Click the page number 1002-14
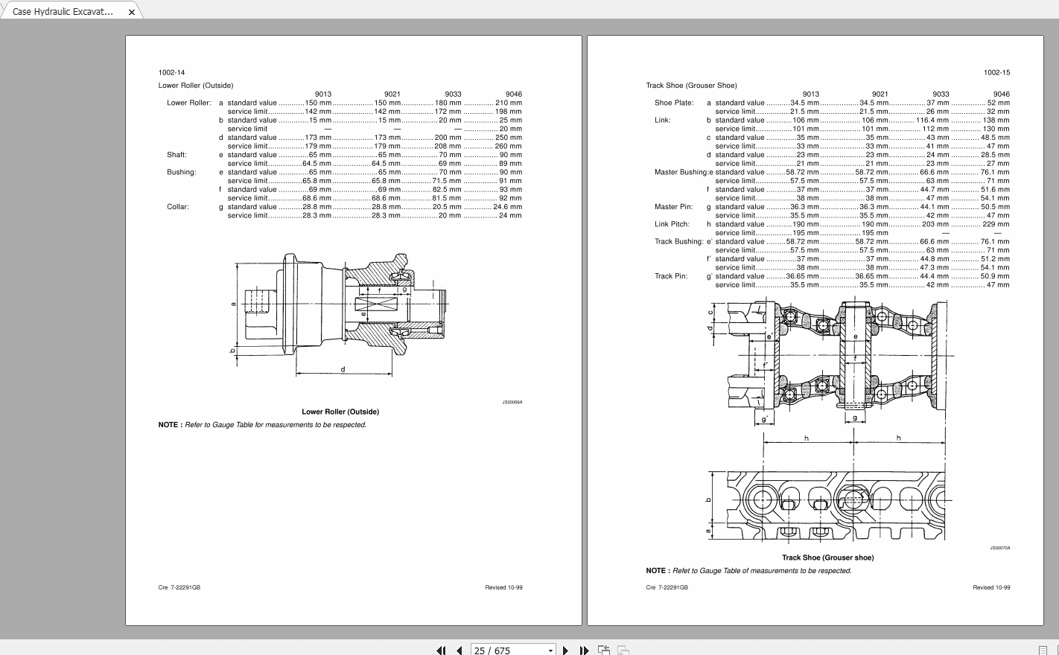pyautogui.click(x=171, y=73)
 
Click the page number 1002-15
pyautogui.click(x=996, y=73)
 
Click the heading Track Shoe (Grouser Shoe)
pyautogui.click(x=691, y=86)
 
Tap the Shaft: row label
pyautogui.click(x=176, y=155)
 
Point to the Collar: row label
pyautogui.click(x=178, y=207)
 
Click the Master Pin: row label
pyautogui.click(x=673, y=207)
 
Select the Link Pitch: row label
pyautogui.click(x=672, y=224)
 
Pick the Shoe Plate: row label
pyautogui.click(x=674, y=103)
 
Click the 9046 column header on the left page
pyautogui.click(x=514, y=95)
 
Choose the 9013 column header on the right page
pyautogui.click(x=811, y=95)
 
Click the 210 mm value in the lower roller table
pyautogui.click(x=509, y=103)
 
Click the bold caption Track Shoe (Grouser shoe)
pyautogui.click(x=827, y=557)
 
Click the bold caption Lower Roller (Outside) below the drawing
pyautogui.click(x=340, y=412)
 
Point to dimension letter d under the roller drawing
pyautogui.click(x=343, y=369)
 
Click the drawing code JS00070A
pyautogui.click(x=999, y=548)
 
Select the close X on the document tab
pyautogui.click(x=132, y=12)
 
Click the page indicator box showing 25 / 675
pyautogui.click(x=512, y=650)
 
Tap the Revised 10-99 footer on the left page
pyautogui.click(x=503, y=587)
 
